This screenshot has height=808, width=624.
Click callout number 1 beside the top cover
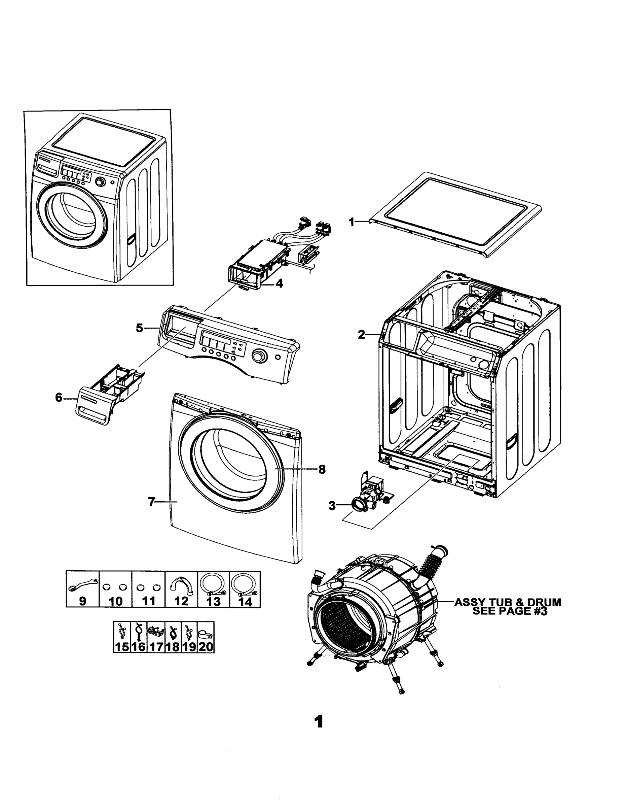click(352, 222)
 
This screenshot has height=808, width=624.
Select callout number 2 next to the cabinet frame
click(361, 334)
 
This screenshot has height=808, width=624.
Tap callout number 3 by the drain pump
click(332, 506)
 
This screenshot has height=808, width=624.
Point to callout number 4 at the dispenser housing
click(279, 284)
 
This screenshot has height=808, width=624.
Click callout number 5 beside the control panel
click(139, 328)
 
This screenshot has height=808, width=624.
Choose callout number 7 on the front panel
click(151, 502)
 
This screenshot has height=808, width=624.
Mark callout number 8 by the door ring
click(322, 470)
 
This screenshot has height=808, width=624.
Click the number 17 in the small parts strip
click(156, 647)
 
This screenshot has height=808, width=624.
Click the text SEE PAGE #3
click(510, 611)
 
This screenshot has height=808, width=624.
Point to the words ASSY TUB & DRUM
click(508, 602)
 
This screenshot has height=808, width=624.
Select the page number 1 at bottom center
click(318, 721)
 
